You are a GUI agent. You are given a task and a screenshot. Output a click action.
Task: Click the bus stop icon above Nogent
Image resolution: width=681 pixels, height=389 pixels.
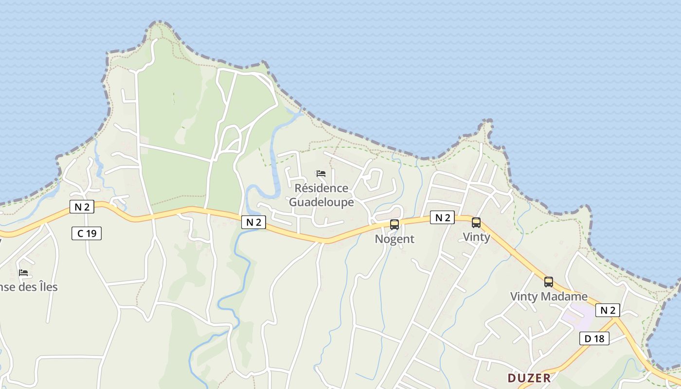coord(394,225)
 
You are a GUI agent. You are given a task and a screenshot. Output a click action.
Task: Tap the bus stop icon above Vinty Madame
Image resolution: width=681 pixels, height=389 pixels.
coord(549,282)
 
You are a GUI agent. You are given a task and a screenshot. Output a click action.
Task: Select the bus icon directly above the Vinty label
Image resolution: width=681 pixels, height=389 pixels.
coord(476,223)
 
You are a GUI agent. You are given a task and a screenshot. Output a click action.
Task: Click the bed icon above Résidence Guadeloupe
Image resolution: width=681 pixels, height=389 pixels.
coord(321,174)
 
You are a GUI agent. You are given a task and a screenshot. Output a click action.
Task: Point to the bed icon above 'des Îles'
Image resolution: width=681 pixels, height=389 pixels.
coord(23,273)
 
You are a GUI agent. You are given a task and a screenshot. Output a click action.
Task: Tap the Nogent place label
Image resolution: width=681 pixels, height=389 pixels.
coord(394,239)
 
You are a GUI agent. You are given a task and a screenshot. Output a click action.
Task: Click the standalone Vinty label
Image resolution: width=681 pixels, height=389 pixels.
coord(476,237)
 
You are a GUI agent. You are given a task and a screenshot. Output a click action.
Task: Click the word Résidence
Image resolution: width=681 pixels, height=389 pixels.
coord(322,188)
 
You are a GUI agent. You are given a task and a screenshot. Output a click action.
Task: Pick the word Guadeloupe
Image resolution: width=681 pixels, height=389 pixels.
coord(322,202)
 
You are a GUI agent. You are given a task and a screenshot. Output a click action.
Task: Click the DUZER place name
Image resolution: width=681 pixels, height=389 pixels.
coord(529,378)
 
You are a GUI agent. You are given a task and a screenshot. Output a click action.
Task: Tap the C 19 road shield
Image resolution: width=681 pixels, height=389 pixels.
coord(87,233)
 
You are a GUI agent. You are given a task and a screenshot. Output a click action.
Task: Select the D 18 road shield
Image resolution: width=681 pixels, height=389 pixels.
coord(594,338)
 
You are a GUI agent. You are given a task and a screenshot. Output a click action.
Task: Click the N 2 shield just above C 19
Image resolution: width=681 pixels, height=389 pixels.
coord(82,207)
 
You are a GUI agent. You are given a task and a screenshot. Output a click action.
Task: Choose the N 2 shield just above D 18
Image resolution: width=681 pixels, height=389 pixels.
coord(608,310)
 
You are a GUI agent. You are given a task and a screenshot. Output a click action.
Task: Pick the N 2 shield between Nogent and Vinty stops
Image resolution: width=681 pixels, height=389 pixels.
coord(442,217)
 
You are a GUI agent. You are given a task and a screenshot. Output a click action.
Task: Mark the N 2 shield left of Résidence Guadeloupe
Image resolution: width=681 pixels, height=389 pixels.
coord(254,222)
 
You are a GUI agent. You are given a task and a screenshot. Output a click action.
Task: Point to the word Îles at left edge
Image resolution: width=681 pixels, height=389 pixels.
coord(47,287)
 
